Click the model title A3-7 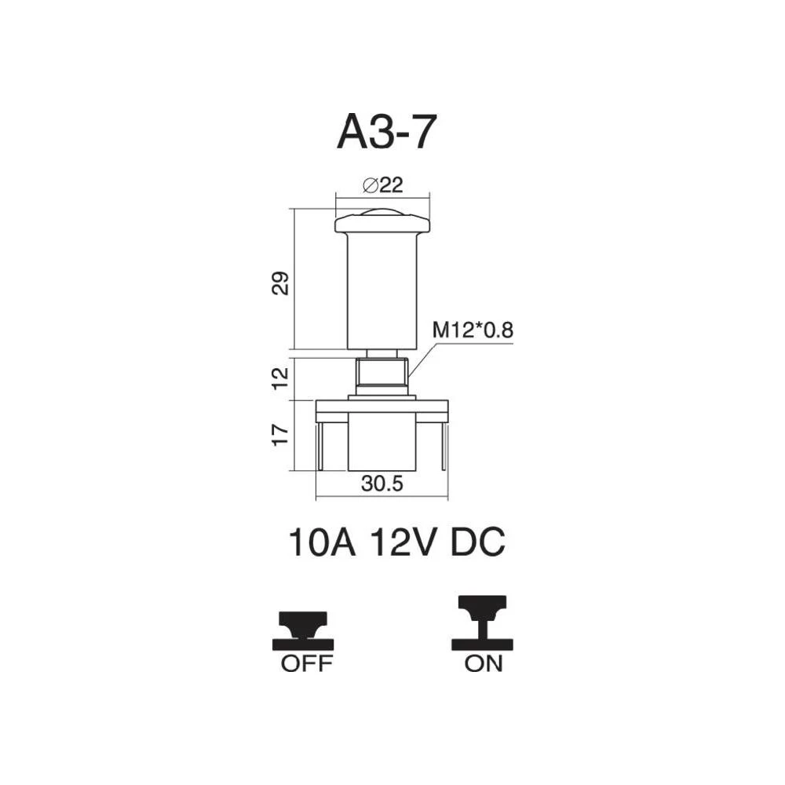(x=387, y=132)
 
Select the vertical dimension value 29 (x=280, y=283)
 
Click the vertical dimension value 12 (x=280, y=378)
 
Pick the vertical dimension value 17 (x=280, y=435)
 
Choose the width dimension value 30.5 (x=382, y=484)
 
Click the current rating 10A (x=322, y=542)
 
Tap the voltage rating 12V (x=403, y=542)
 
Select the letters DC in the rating (x=477, y=542)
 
